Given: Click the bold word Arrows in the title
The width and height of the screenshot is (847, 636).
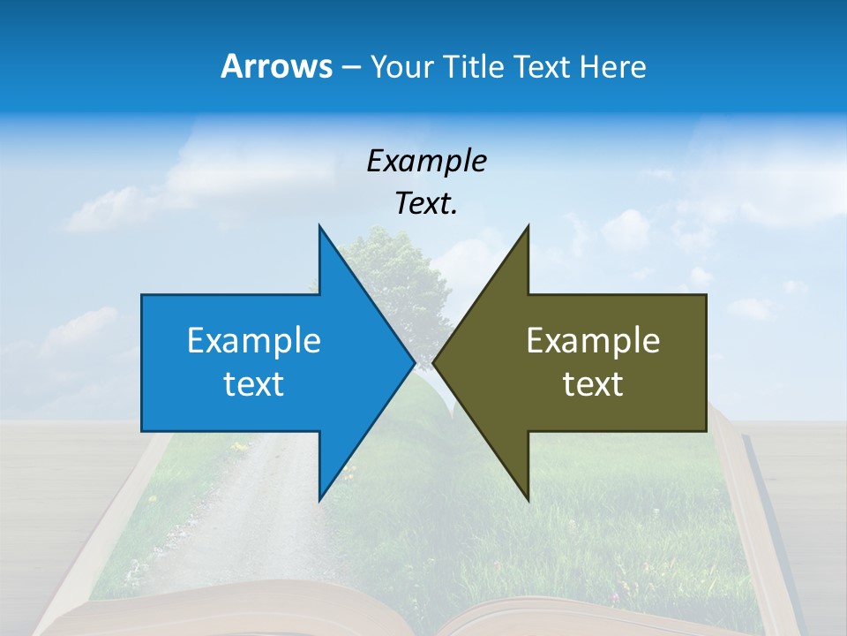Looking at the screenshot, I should [275, 66].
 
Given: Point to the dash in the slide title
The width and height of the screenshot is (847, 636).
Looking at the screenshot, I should [350, 68].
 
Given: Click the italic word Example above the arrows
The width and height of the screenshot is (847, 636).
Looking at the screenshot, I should [426, 161].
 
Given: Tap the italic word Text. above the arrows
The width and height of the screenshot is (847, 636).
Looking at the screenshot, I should [426, 203].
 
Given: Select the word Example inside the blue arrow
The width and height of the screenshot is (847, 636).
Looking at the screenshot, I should [254, 340].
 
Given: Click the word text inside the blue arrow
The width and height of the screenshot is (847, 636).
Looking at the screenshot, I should [254, 383].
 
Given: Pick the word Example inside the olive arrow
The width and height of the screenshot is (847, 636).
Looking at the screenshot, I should [593, 340].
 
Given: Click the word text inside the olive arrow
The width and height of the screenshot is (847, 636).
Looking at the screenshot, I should [593, 383].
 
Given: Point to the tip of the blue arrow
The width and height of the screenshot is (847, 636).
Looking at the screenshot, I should [414, 362].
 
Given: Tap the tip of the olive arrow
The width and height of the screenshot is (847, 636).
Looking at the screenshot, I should [434, 362].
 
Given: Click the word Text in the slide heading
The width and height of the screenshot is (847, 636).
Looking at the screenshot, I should [541, 67].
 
